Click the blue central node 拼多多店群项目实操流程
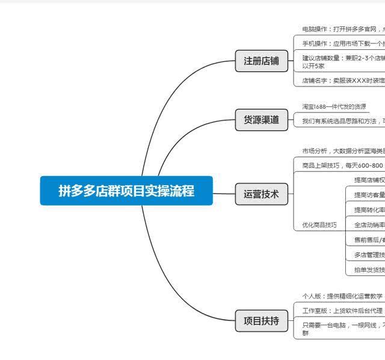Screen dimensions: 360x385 click(126, 191)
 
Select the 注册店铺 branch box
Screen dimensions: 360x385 click(261, 61)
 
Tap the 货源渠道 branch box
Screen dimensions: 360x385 click(261, 120)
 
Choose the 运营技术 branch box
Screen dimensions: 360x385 click(261, 194)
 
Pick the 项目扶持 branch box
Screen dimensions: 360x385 click(261, 321)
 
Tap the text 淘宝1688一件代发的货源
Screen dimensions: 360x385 click(334, 106)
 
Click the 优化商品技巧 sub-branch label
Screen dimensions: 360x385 click(319, 225)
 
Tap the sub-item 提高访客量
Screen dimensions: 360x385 click(369, 195)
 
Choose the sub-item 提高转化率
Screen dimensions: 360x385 click(369, 210)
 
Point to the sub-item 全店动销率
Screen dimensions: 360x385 click(369, 225)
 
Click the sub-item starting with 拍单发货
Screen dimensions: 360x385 click(369, 270)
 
